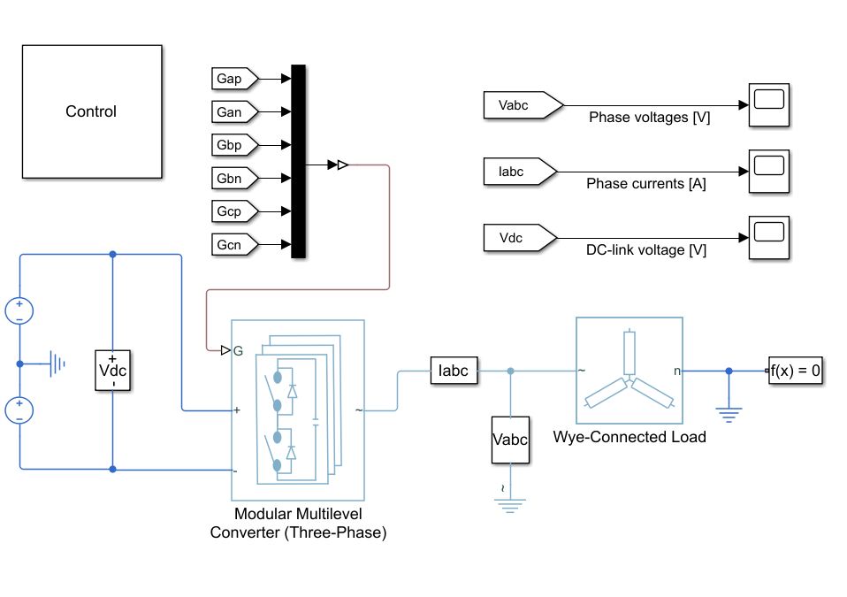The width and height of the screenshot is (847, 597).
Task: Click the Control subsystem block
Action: [92, 111]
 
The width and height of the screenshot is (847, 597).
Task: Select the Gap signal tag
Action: [234, 79]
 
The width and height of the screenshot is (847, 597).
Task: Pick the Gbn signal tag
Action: [234, 179]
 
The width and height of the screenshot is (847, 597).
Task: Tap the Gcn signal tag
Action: [234, 245]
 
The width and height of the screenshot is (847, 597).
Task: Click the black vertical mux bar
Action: [298, 162]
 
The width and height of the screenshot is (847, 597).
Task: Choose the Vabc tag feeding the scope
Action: [523, 105]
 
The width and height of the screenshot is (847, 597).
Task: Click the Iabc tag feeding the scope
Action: [520, 172]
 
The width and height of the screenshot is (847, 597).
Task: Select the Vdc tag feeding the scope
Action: [520, 238]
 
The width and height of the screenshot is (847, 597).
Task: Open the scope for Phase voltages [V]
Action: [768, 105]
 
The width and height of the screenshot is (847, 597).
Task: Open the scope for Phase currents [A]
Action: [768, 172]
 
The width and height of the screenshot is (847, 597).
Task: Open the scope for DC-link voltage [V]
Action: [768, 238]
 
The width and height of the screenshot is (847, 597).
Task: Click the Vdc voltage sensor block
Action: [112, 370]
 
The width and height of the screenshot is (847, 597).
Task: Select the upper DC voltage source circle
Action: [19, 311]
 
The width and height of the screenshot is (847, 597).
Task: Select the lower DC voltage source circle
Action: [19, 410]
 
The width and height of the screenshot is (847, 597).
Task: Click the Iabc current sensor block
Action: [454, 371]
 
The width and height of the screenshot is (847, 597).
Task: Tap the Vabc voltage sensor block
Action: [510, 440]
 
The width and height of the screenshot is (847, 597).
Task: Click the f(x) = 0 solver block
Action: [795, 371]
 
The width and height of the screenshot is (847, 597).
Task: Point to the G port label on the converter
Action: [238, 351]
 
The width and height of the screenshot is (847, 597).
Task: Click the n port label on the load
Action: [677, 371]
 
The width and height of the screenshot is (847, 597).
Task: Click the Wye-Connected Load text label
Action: [630, 437]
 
